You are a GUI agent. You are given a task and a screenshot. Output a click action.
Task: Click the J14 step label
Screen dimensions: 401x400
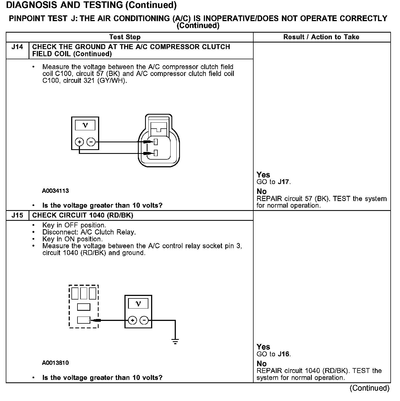pyautogui.click(x=17, y=47)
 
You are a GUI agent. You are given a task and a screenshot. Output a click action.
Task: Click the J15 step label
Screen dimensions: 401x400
pyautogui.click(x=17, y=215)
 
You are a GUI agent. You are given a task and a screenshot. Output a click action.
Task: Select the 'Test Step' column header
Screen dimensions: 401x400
pyautogui.click(x=125, y=37)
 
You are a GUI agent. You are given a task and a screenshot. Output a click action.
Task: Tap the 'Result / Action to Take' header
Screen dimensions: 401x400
pyautogui.click(x=321, y=37)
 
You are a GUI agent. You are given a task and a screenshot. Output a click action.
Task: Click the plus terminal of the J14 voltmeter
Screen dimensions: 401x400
pyautogui.click(x=79, y=142)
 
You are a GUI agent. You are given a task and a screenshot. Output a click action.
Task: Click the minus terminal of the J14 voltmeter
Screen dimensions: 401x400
pyautogui.click(x=91, y=142)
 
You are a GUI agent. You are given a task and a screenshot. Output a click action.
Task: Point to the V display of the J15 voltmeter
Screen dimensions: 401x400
pyautogui.click(x=138, y=304)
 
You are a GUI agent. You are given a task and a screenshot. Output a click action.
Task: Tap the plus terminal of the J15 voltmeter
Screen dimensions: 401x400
pyautogui.click(x=132, y=320)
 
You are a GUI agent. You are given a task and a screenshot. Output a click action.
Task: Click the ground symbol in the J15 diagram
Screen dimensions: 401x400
pyautogui.click(x=175, y=341)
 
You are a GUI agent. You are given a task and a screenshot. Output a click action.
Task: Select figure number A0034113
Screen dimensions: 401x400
pyautogui.click(x=55, y=191)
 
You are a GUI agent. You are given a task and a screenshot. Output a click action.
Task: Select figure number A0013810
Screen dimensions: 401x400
pyautogui.click(x=55, y=363)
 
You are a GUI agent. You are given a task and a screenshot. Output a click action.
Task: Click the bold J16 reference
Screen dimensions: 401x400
pyautogui.click(x=284, y=354)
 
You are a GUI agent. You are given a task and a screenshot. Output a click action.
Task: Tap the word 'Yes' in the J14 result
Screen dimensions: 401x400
pyautogui.click(x=263, y=175)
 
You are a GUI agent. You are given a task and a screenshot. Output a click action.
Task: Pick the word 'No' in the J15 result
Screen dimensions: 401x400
pyautogui.click(x=262, y=364)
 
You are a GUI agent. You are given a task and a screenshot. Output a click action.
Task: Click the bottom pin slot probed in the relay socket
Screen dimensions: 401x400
pyautogui.click(x=84, y=320)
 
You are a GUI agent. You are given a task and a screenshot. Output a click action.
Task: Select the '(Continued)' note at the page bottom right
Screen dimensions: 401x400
pyautogui.click(x=370, y=388)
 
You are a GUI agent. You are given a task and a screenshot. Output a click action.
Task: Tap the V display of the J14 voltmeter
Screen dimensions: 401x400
pyautogui.click(x=85, y=125)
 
